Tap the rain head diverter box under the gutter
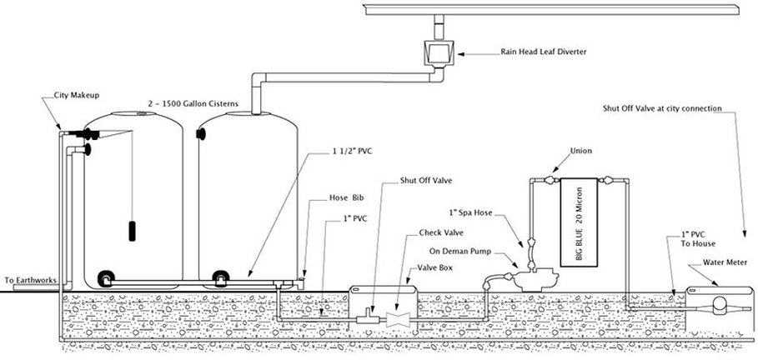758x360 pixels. (439, 53)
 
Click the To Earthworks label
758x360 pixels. (30, 280)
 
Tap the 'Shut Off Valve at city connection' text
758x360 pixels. (662, 108)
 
